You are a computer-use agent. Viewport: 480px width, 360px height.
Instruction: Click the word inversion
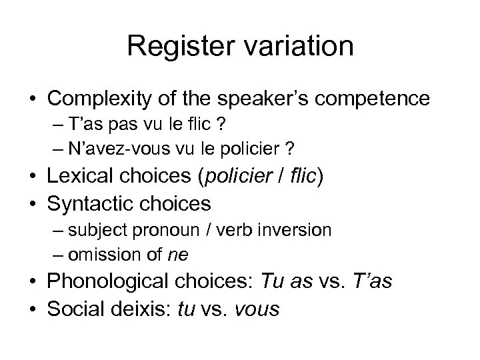[x=300, y=230]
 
